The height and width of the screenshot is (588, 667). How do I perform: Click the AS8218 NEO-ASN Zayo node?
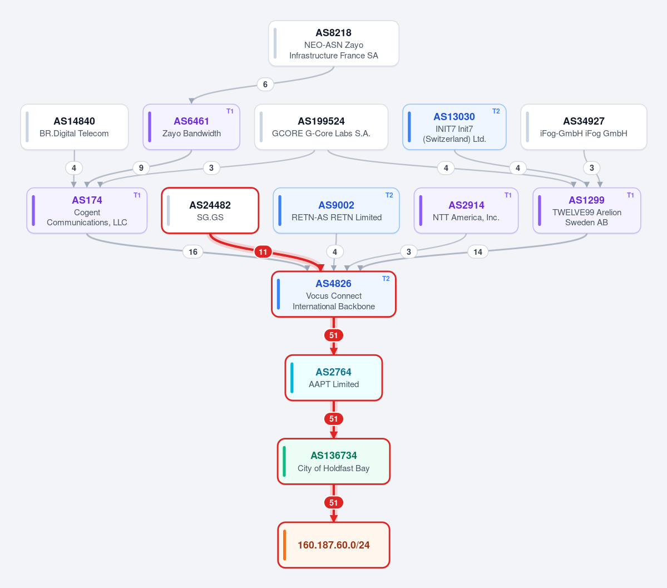(x=334, y=43)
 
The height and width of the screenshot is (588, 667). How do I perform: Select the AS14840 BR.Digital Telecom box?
(x=75, y=127)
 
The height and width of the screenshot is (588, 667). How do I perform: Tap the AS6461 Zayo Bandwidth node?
(x=191, y=127)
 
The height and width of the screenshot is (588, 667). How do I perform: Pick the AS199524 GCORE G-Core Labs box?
(x=321, y=127)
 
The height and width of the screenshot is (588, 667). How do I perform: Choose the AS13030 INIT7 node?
(x=454, y=127)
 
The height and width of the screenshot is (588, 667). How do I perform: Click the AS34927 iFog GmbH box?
(x=584, y=127)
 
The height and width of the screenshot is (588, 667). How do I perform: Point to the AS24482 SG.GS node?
(x=210, y=211)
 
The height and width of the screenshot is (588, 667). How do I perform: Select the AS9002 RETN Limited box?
(x=336, y=211)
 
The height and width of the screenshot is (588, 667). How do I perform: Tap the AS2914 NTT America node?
(x=466, y=211)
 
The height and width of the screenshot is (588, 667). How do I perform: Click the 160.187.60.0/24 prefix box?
(x=334, y=545)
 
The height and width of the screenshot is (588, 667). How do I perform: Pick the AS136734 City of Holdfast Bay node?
(x=334, y=461)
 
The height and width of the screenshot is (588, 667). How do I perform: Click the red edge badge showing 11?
(x=263, y=252)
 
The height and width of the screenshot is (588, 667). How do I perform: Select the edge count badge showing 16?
(x=192, y=252)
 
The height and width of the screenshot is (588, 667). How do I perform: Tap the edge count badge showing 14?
(x=478, y=252)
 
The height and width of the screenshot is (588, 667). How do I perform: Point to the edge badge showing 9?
(x=141, y=168)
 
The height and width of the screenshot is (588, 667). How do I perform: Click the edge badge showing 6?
(x=265, y=84)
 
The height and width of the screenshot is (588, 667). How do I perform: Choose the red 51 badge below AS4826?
(x=334, y=335)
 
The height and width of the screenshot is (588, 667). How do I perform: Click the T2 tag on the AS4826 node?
(x=386, y=279)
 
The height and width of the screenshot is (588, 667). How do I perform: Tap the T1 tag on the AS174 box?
(x=137, y=195)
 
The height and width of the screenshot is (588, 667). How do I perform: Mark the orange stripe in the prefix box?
(x=285, y=545)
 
